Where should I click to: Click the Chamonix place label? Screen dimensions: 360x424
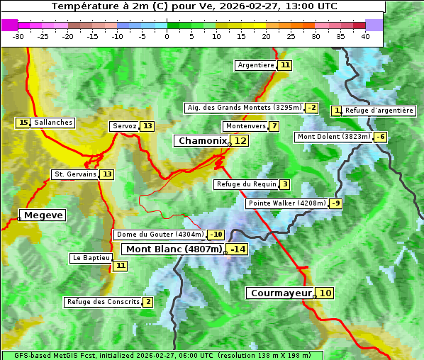click(x=202, y=141)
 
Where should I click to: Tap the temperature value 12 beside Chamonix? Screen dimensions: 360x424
click(x=241, y=141)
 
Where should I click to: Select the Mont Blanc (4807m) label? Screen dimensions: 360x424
click(x=174, y=249)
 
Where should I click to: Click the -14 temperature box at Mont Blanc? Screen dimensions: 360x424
click(x=238, y=249)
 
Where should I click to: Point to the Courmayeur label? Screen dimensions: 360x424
click(x=281, y=293)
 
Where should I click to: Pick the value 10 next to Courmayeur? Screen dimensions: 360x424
click(x=325, y=293)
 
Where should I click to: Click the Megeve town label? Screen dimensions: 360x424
click(x=43, y=215)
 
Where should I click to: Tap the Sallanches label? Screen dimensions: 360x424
click(x=52, y=123)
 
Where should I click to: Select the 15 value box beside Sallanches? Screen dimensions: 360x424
click(x=23, y=123)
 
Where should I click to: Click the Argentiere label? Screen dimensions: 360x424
click(x=256, y=65)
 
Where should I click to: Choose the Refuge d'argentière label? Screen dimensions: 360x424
click(x=379, y=111)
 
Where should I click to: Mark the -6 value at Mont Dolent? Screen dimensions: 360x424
click(x=381, y=137)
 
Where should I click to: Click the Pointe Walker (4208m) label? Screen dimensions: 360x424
click(x=287, y=203)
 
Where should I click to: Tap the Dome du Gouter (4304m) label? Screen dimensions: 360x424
click(x=160, y=235)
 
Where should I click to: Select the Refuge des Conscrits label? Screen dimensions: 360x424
click(x=103, y=302)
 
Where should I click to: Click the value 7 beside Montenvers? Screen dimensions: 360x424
click(x=274, y=126)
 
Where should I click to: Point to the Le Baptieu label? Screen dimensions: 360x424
click(x=91, y=258)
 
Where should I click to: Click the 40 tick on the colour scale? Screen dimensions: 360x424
click(x=365, y=36)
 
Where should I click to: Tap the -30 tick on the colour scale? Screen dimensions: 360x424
click(x=18, y=36)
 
